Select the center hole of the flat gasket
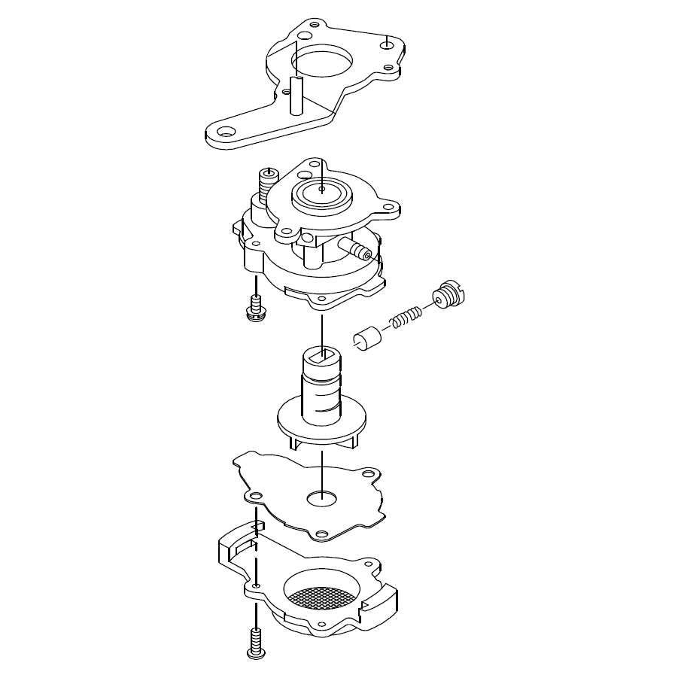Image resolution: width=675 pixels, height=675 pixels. point(321,496)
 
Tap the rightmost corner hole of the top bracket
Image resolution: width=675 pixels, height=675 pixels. point(387,44)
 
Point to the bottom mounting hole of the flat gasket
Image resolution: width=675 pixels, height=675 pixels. point(321,534)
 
